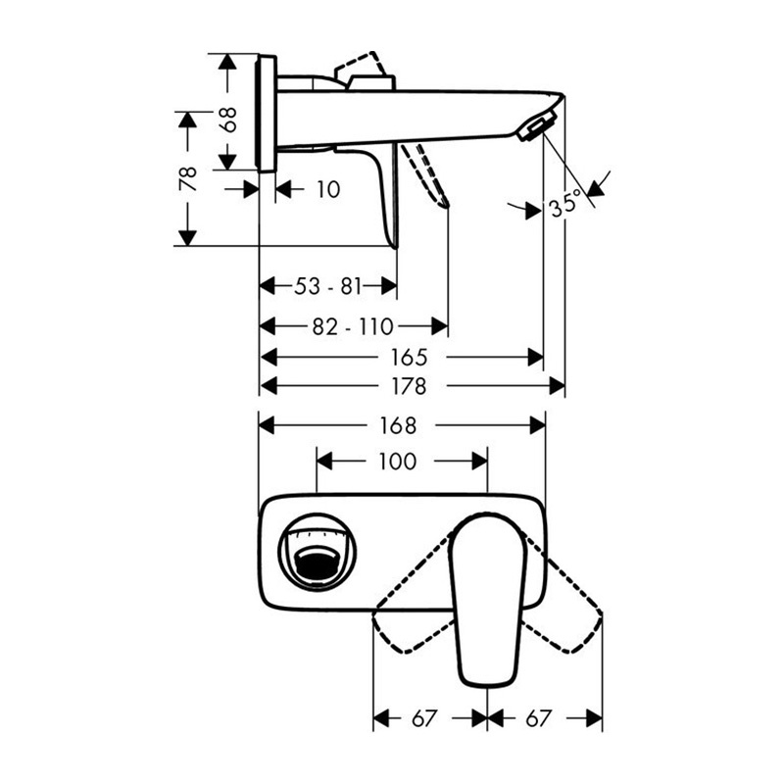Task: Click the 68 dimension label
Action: click(228, 120)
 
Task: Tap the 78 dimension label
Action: click(188, 178)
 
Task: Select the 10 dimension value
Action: click(328, 189)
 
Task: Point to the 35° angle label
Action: click(566, 203)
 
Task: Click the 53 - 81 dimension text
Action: click(327, 286)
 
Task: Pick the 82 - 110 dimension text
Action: click(353, 326)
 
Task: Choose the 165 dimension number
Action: click(410, 357)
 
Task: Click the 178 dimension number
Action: click(410, 386)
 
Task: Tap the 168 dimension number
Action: click(398, 425)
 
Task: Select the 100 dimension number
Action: click(398, 461)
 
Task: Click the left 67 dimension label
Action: click(424, 719)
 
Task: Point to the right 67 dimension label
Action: click(538, 719)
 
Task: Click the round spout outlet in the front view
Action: click(317, 552)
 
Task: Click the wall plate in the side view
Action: click(267, 113)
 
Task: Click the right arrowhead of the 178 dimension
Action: click(557, 386)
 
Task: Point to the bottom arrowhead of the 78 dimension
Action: click(187, 238)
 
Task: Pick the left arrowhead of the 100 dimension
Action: click(325, 461)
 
